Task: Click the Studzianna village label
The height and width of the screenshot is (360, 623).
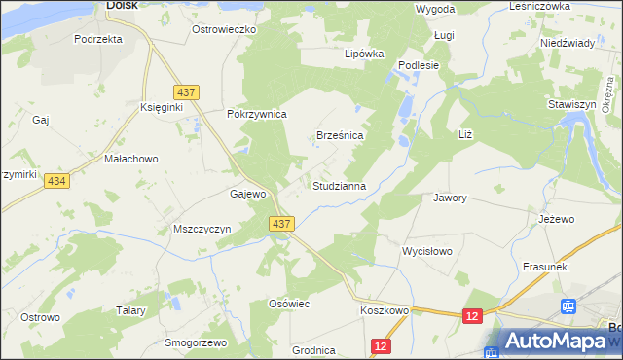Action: click(339, 185)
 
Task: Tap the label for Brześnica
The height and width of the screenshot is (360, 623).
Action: click(341, 136)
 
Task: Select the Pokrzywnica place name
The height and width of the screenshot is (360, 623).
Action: click(256, 114)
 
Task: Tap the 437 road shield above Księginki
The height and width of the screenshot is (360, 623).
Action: click(189, 91)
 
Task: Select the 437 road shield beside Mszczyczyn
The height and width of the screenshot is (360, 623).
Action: click(281, 224)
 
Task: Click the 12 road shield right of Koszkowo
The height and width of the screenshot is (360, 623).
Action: click(473, 316)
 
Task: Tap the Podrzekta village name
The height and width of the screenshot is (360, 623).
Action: click(98, 39)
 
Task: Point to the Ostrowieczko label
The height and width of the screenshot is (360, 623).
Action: click(223, 30)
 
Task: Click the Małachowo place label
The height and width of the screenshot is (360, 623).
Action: click(130, 158)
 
